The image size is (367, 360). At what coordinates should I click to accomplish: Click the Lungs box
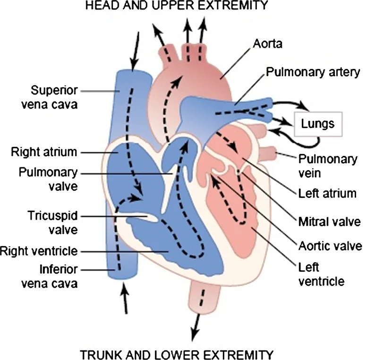318,124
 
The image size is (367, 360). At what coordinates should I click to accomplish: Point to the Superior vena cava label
54,97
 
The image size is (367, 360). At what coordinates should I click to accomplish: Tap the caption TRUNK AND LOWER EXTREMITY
176,354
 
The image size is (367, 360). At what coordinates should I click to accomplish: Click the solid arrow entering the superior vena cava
136,50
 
